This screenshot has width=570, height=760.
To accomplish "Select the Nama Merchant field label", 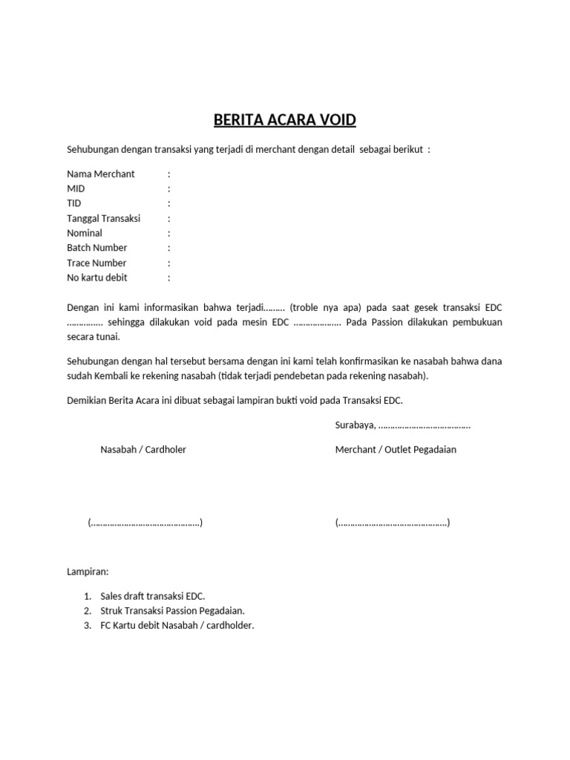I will tap(101, 174).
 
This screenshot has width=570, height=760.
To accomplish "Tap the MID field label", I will tap(76, 189).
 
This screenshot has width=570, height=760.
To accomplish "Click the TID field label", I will tap(74, 203).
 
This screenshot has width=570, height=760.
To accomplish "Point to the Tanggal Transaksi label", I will tap(104, 218).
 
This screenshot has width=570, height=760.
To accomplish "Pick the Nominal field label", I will tap(85, 233).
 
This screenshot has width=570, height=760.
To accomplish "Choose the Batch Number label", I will tap(97, 248).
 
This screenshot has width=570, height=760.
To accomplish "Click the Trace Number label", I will tap(96, 263).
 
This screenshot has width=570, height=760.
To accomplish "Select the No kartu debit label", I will tap(97, 278).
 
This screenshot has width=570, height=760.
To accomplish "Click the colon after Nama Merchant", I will tap(169, 174).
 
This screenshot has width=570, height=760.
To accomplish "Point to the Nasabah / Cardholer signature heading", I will tap(143, 450).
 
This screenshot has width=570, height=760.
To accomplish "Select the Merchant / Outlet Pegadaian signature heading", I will tap(396, 450).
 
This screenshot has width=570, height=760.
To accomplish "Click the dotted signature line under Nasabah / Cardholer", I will tap(145, 522).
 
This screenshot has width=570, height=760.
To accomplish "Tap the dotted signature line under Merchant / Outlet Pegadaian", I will tap(392, 522).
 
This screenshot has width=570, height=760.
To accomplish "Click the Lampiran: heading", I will tap(88, 572).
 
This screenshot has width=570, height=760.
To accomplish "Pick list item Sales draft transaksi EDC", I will tap(152, 596).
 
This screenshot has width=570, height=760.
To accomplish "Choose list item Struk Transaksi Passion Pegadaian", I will tap(172, 611).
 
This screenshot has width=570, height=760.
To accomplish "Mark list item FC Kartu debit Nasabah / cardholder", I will tap(177, 626).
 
